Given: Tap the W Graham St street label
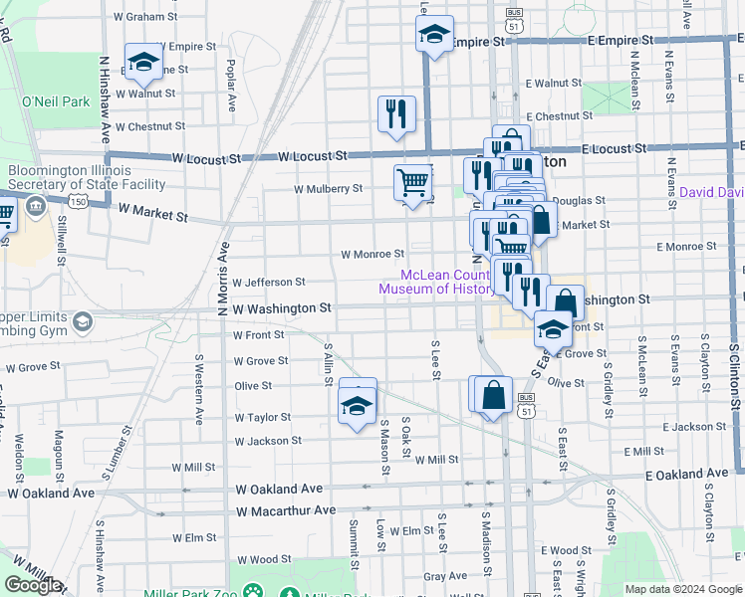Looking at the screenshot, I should (145, 17).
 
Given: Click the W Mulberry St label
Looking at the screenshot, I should (328, 188).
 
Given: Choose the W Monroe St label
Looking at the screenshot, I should (372, 254).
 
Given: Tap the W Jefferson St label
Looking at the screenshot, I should (268, 283).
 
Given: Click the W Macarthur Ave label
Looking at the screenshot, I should (286, 510).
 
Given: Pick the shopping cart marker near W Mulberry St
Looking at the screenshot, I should (412, 182).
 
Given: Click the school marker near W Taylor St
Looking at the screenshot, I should (358, 405).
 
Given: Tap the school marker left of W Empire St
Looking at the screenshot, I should (142, 64).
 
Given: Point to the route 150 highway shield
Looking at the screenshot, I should (76, 201).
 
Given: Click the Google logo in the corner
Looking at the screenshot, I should (33, 585).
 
